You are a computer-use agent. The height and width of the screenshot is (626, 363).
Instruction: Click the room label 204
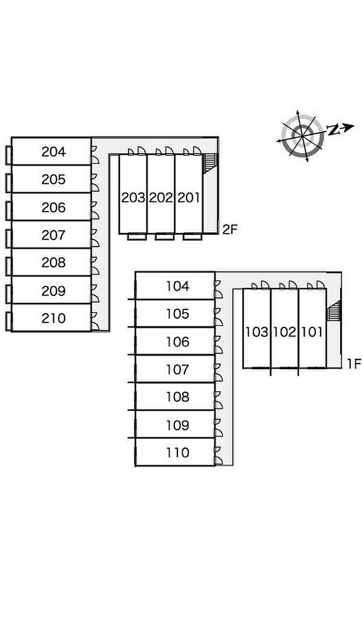pyautogui.click(x=53, y=152)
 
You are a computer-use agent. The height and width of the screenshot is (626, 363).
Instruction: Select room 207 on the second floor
pyautogui.click(x=53, y=235)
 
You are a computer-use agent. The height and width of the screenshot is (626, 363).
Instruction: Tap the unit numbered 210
pyautogui.click(x=53, y=318)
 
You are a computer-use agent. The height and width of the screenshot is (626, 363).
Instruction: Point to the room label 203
pyautogui.click(x=133, y=197)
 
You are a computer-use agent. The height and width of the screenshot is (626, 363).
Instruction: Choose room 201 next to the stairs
pyautogui.click(x=189, y=197)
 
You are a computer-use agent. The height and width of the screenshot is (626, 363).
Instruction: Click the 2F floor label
pyautogui.click(x=230, y=230)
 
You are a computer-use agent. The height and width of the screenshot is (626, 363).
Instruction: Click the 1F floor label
pyautogui.click(x=354, y=364)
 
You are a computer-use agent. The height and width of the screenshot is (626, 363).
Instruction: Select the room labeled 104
pyautogui.click(x=178, y=286)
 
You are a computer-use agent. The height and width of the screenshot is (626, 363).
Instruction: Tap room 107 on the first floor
pyautogui.click(x=178, y=369)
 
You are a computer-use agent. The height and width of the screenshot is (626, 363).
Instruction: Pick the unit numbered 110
pyautogui.click(x=178, y=452)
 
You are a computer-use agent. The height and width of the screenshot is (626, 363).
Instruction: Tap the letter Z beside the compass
pyautogui.click(x=334, y=130)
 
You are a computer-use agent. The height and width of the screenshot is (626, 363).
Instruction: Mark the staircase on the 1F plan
pyautogui.click(x=333, y=312)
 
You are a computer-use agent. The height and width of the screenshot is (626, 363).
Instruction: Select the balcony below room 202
pyautogui.click(x=164, y=237)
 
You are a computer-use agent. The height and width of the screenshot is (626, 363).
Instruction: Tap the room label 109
pyautogui.click(x=178, y=425)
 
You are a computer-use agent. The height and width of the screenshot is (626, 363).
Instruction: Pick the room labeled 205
pyautogui.click(x=53, y=180)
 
